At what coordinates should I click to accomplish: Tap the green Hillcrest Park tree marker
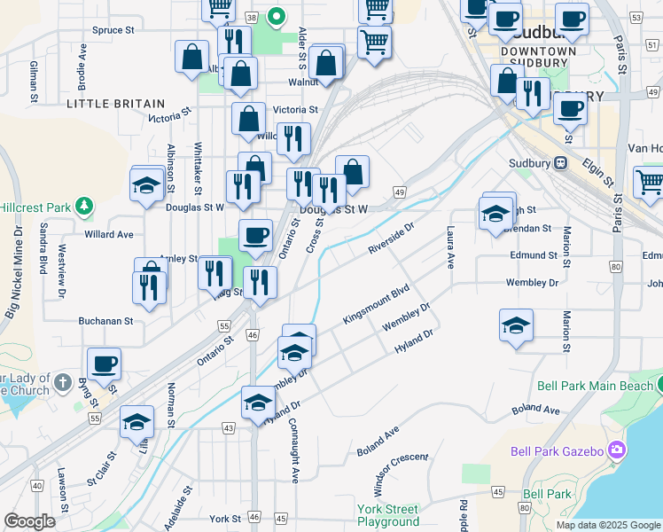(x=84, y=206)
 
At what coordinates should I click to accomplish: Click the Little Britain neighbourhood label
(x=115, y=104)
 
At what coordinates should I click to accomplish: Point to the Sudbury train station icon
(x=560, y=163)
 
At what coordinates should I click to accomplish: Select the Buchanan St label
(x=105, y=321)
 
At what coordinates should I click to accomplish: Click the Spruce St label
(x=113, y=29)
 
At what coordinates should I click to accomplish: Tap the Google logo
(x=29, y=521)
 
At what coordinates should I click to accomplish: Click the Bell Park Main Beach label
(x=594, y=386)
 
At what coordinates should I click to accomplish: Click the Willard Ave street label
(x=108, y=235)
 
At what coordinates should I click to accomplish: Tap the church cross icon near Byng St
(x=62, y=382)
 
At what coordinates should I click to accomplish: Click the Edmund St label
(x=534, y=255)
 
